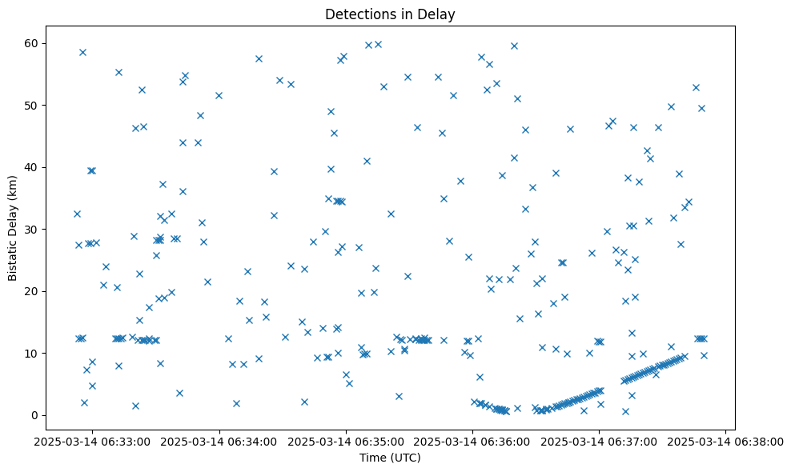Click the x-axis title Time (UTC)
coord(390,458)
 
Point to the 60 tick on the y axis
coord(38,43)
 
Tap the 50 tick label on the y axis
coord(38,105)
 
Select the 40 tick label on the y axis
coord(38,167)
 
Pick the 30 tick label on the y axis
coord(38,229)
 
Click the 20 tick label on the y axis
coord(38,291)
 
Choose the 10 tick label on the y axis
coord(38,353)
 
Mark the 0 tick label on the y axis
coord(42,415)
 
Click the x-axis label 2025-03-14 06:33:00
coord(92,442)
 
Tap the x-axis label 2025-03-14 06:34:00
coord(219,442)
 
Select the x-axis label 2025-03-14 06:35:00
coord(346,442)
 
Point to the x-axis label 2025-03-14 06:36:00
coord(472,442)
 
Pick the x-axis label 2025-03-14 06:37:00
coord(599,442)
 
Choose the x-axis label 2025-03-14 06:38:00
coord(725,442)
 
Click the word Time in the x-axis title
coord(373,458)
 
